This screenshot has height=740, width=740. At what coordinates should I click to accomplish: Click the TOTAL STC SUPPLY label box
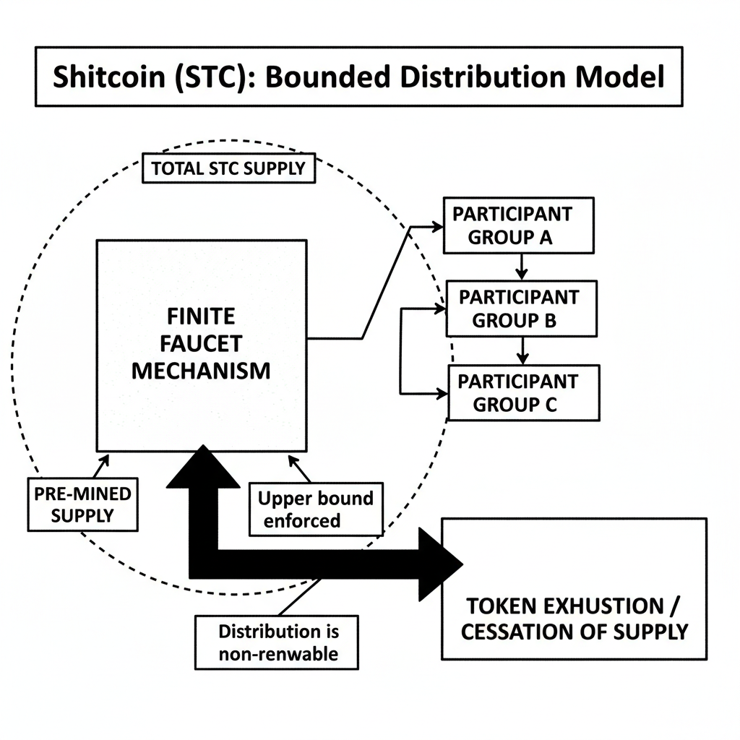[228, 169]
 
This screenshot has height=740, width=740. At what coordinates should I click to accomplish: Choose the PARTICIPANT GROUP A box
[518, 225]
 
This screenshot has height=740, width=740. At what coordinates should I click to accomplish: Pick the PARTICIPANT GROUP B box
[521, 309]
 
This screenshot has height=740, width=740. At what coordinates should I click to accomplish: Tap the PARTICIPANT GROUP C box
[523, 392]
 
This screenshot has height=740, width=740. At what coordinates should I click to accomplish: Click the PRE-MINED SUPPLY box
[83, 504]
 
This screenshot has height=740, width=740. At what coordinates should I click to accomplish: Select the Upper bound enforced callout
[315, 509]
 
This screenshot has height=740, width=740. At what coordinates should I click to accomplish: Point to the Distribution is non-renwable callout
[277, 642]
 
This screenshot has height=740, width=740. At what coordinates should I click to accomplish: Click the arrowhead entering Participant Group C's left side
[442, 394]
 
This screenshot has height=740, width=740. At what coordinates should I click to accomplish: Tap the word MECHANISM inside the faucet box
[201, 371]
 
